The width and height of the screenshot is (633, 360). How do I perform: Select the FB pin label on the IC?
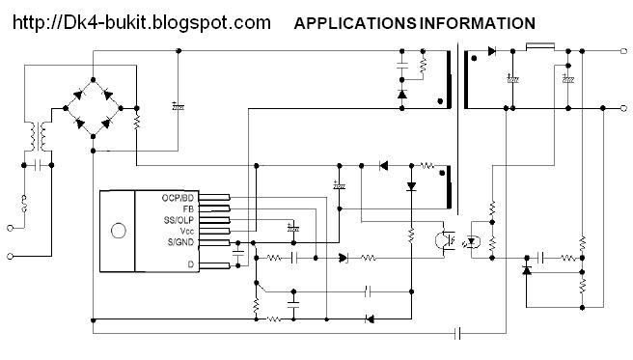(190, 208)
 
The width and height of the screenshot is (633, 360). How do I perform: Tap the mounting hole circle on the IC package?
(118, 232)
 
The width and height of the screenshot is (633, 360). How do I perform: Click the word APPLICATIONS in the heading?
(354, 22)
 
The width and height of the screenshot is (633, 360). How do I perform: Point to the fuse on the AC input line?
(23, 204)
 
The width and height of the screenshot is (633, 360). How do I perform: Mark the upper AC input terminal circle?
(11, 229)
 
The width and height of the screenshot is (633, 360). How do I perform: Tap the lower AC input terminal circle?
(11, 257)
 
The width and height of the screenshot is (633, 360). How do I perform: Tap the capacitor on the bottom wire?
(459, 333)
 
